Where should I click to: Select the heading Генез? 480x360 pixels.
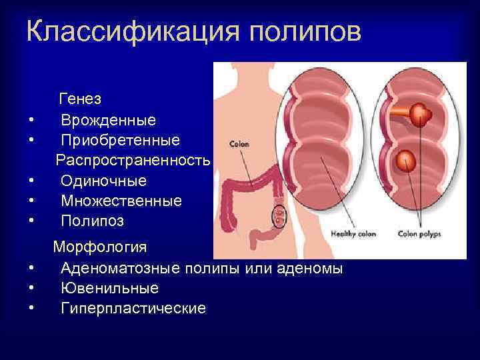click(x=80, y=99)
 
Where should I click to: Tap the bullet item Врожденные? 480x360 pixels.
click(x=108, y=120)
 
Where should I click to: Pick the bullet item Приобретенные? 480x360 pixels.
click(x=120, y=140)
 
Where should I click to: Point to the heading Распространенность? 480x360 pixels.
click(x=133, y=160)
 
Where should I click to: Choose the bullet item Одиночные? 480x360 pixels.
click(x=103, y=180)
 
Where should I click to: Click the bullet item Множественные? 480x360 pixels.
click(x=121, y=200)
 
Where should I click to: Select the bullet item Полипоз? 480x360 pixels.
click(x=92, y=220)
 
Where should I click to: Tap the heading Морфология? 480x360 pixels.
click(x=100, y=248)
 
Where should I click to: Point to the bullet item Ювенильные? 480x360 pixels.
click(x=109, y=289)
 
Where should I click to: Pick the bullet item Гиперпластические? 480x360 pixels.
click(x=133, y=309)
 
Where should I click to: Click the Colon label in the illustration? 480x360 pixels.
click(x=239, y=143)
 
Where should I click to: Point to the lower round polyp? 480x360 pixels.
click(x=405, y=161)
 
